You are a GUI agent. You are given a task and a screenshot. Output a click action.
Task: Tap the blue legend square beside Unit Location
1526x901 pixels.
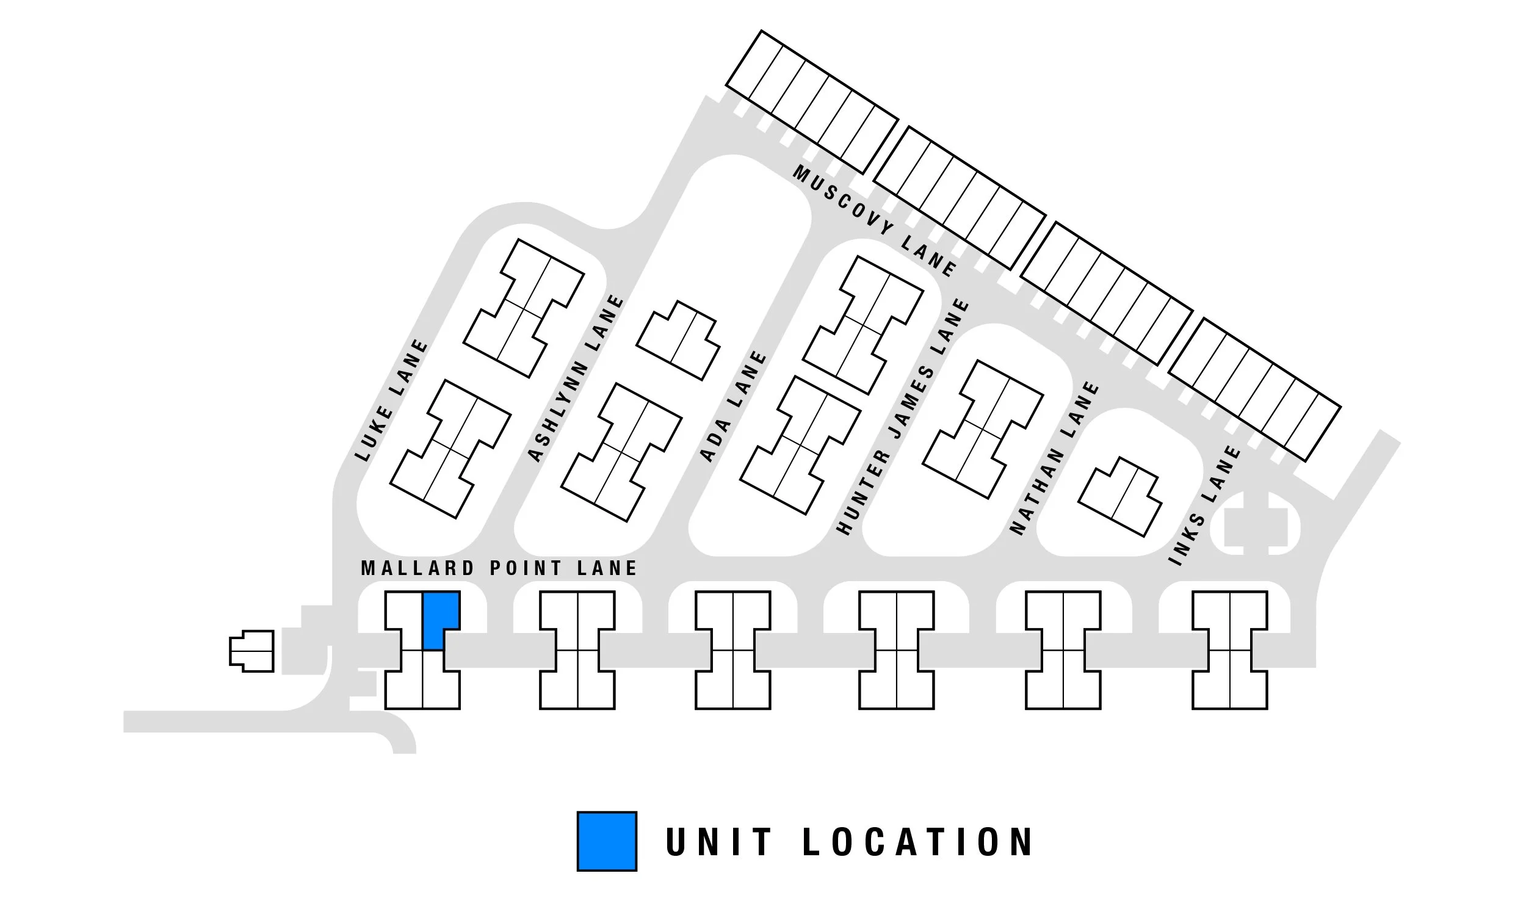tap(607, 841)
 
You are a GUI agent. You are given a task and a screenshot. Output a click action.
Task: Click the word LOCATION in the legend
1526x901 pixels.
tap(917, 842)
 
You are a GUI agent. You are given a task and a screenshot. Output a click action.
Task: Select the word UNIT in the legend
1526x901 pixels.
tap(719, 842)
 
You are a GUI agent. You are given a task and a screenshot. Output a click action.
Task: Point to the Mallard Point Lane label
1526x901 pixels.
tap(499, 568)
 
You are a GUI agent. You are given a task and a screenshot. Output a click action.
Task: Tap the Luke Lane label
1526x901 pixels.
tap(392, 400)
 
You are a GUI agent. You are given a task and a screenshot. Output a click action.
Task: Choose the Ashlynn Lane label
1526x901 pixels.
tap(575, 379)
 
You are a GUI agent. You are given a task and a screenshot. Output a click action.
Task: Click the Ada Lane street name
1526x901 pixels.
tap(732, 407)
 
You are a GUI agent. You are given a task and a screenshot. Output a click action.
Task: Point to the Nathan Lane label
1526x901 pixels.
tap(1054, 458)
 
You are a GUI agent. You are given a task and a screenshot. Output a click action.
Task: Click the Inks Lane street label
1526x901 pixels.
tap(1204, 505)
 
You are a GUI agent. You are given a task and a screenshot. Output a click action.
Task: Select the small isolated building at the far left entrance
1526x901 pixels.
tap(251, 651)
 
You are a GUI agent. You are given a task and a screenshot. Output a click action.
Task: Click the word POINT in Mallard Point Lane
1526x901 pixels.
tap(526, 568)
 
